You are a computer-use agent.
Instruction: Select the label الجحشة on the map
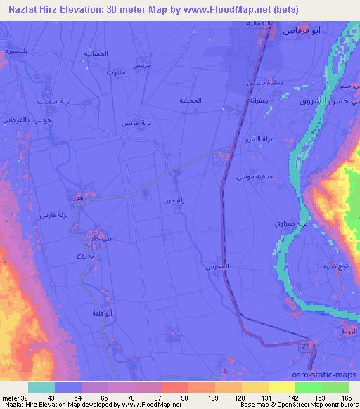pyautogui.click(x=190, y=100)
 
